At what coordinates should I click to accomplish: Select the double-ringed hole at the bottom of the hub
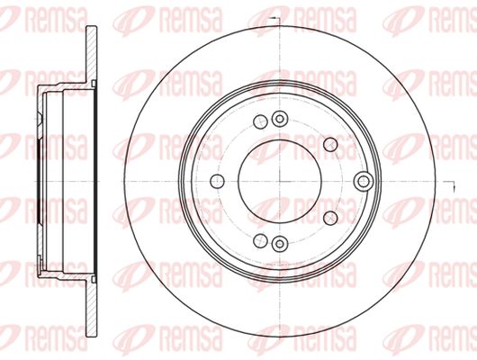click(280, 244)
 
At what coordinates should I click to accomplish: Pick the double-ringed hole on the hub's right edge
click(364, 182)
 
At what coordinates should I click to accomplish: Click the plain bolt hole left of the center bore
click(217, 182)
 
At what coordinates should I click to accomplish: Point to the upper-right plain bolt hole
click(330, 144)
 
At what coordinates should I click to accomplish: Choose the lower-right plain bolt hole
click(330, 218)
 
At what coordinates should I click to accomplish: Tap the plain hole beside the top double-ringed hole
click(260, 121)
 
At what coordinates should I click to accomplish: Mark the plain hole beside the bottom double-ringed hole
click(260, 241)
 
